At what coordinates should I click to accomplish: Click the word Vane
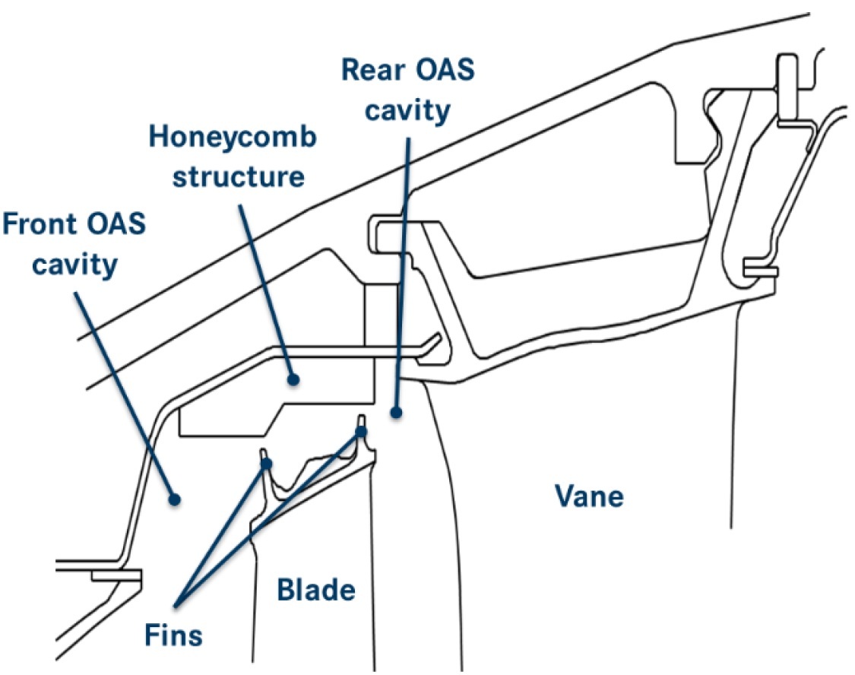[x=589, y=496]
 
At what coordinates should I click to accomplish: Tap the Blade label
[x=315, y=590]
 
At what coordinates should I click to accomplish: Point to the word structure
[x=238, y=177]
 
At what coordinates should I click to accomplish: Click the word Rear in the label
[x=373, y=71]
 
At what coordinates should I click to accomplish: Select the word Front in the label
[x=45, y=225]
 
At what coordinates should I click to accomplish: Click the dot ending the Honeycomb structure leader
[x=293, y=377]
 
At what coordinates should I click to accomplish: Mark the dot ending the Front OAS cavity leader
[x=174, y=499]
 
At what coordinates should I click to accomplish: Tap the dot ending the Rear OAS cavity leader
[x=395, y=413]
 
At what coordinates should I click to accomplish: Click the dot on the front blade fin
[x=267, y=461]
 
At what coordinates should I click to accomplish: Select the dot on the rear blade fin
[x=362, y=432]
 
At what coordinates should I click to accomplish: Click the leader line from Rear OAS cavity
[x=403, y=266]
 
